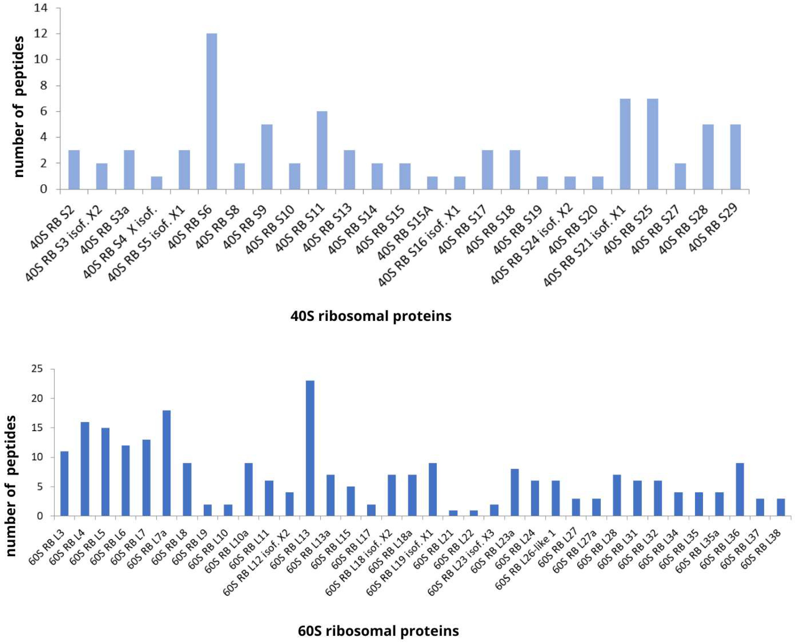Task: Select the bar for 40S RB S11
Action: [x=322, y=150]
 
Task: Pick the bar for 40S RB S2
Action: [x=74, y=170]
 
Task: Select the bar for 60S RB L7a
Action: [x=166, y=463]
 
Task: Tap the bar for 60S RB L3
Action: [x=64, y=483]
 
